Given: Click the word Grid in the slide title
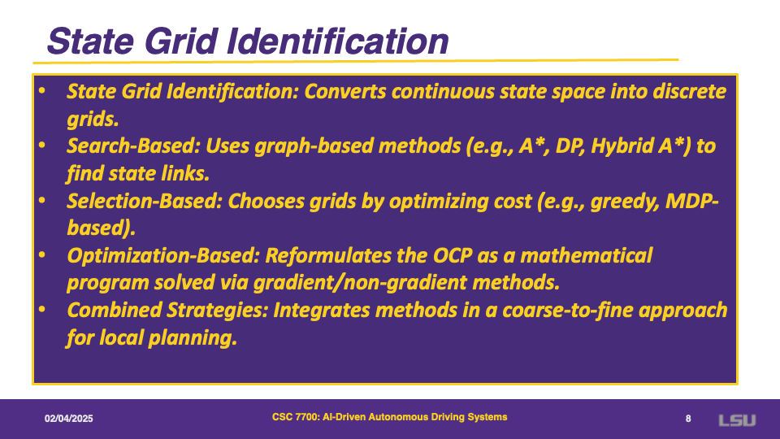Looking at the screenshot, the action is coord(181,41).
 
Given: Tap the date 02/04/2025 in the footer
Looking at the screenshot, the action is coord(68,419).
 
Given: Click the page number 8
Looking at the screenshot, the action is coord(688,419).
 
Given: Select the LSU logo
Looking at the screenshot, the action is coord(737,420).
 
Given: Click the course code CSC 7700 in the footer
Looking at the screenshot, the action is coord(295,417).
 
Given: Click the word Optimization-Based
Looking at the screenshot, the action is coord(163,256).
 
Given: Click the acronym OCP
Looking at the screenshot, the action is coord(453,256).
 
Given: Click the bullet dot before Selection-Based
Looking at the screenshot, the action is coord(41,200).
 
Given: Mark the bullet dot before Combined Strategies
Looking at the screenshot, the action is coord(41,309).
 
